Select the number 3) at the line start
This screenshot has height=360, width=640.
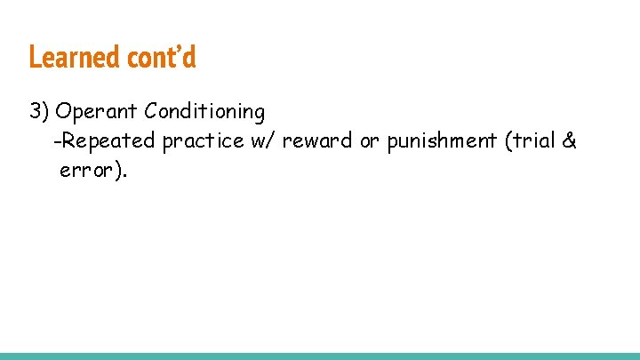(39, 112)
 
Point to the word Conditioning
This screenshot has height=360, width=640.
(204, 112)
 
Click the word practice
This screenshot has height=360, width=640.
(203, 140)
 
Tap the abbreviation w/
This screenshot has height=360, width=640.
(264, 140)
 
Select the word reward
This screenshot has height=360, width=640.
(317, 140)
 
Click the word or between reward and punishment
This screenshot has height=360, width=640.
(369, 140)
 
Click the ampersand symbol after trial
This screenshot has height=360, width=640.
(570, 140)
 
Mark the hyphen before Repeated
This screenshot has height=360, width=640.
(57, 141)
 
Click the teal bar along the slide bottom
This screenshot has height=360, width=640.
(320, 356)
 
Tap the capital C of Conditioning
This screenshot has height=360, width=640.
(151, 112)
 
